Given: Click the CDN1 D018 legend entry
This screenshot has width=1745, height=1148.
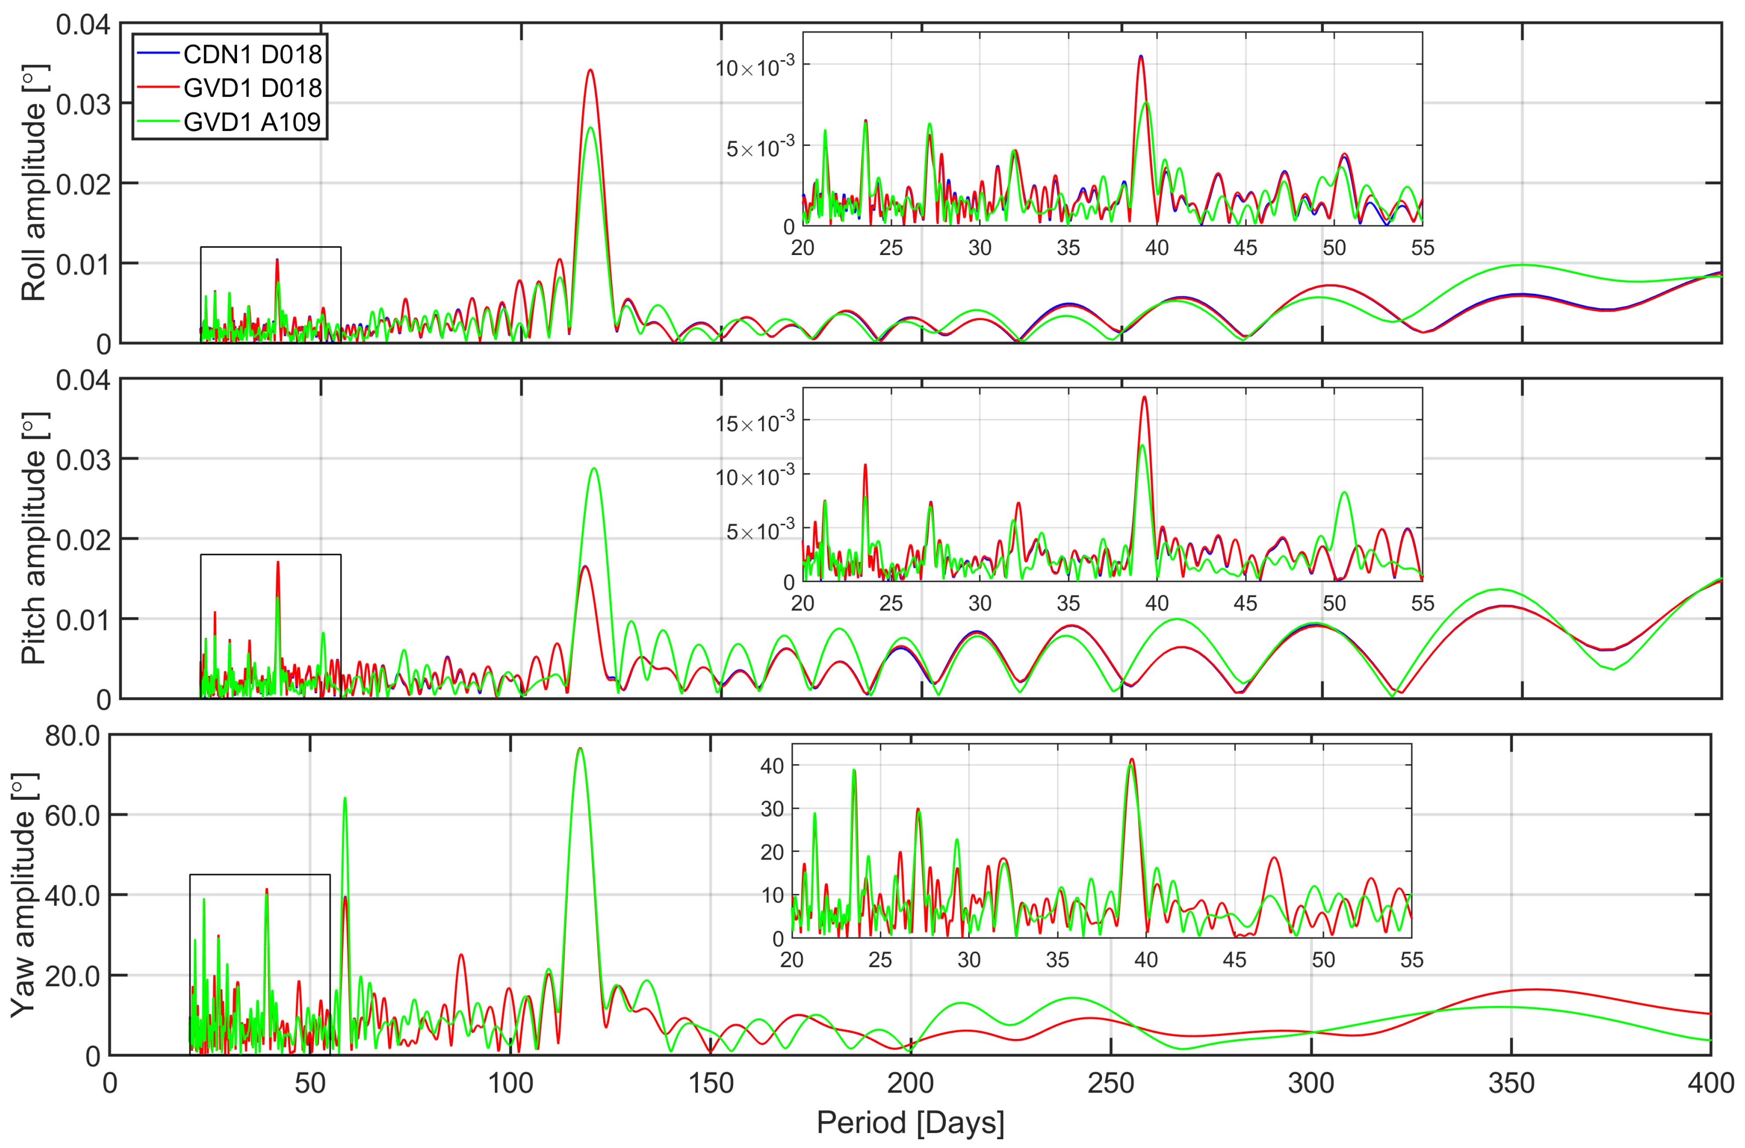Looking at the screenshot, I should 252,54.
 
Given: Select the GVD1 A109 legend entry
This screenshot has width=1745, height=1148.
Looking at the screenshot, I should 252,122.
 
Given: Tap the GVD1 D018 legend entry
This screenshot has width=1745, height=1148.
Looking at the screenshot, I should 252,88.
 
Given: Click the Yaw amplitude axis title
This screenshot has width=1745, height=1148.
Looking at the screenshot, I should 23,894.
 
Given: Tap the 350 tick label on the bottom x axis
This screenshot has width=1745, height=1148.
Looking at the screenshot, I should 1511,1083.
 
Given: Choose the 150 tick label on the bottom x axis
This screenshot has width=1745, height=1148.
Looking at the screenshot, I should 711,1083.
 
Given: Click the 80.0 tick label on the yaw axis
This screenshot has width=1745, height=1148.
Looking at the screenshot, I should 72,735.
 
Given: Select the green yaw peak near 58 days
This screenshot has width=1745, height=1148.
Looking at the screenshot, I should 345,798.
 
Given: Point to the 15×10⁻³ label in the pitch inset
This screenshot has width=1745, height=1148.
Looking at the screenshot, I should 755,423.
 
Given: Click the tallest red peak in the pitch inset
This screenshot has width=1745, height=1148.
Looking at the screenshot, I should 1145,397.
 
